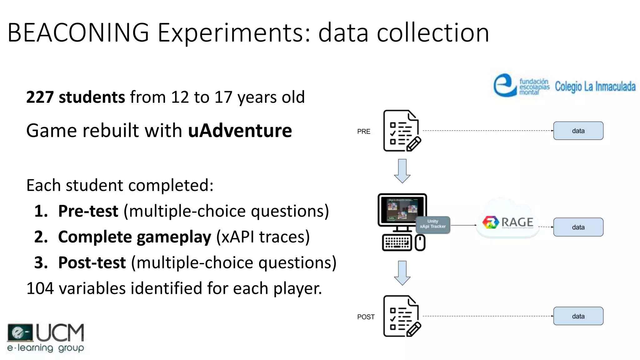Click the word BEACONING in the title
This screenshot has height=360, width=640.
click(x=78, y=32)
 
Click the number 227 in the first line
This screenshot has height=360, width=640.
click(x=40, y=97)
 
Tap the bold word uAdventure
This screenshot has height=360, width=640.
click(x=240, y=131)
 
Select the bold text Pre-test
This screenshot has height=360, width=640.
click(x=88, y=211)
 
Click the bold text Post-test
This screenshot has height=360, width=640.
click(x=92, y=262)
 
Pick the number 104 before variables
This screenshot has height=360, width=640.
click(x=40, y=288)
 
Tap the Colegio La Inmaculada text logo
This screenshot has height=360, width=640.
click(x=595, y=87)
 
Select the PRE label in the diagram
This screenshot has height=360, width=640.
click(x=363, y=132)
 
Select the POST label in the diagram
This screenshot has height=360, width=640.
click(x=366, y=317)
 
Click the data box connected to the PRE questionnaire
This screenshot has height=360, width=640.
click(x=578, y=131)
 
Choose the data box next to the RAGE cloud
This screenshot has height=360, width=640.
click(x=578, y=227)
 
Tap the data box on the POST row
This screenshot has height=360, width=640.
click(x=578, y=316)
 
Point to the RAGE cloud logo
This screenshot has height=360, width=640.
click(x=508, y=222)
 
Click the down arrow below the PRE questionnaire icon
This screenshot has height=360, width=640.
click(x=402, y=171)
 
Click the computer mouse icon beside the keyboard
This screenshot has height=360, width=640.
click(x=420, y=243)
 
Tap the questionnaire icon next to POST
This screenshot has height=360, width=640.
click(x=402, y=316)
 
